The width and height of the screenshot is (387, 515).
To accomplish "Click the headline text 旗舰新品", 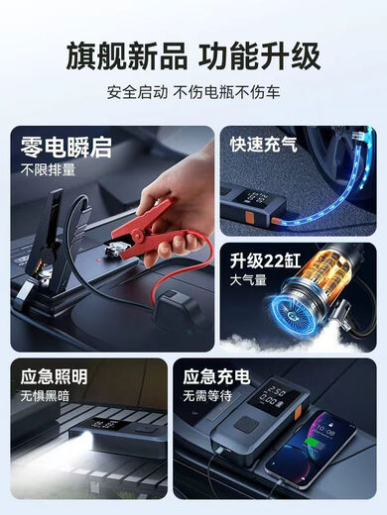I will click(x=122, y=55).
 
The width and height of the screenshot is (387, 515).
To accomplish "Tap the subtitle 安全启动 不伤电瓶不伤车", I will click(x=193, y=96).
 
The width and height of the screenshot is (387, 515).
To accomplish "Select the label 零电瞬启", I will click(x=65, y=149).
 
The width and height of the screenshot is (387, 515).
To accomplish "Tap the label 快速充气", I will click(x=264, y=145).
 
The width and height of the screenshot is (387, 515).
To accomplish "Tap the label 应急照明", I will click(x=55, y=376).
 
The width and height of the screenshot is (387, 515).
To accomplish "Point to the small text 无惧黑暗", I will click(x=47, y=397).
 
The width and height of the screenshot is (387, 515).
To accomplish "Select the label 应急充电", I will click(x=216, y=376).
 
